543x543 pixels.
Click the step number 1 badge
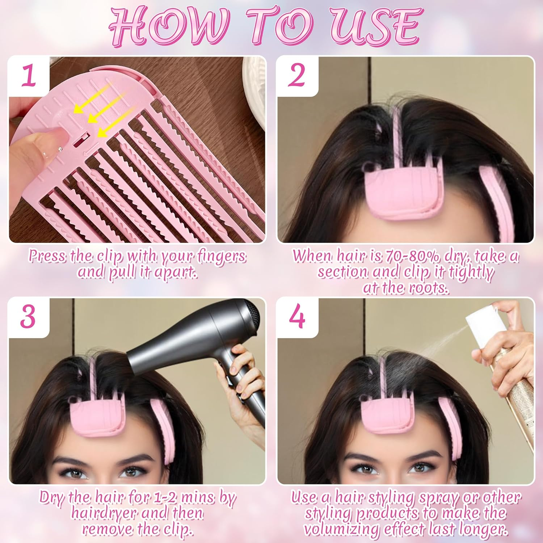click(x=29, y=76)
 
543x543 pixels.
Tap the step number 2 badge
click(x=297, y=76)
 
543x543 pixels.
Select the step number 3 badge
click(x=28, y=317)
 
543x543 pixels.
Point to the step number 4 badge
click(x=297, y=317)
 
